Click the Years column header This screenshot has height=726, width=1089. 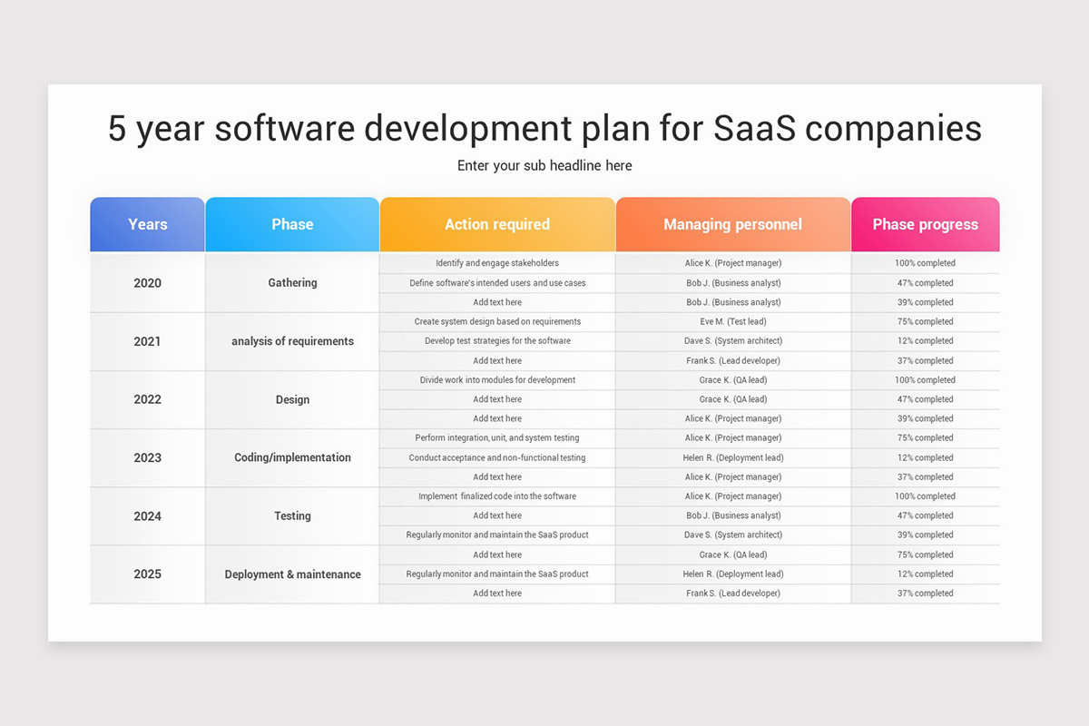147,224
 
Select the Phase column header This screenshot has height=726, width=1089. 292,224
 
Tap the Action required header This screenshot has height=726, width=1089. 497,224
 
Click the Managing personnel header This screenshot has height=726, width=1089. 732,224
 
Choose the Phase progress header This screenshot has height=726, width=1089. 925,224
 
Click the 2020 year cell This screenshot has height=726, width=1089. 147,283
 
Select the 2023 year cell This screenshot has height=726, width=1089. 147,457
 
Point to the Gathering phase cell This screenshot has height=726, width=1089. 292,282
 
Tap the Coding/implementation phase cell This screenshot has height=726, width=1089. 292,457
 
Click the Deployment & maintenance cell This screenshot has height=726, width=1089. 292,574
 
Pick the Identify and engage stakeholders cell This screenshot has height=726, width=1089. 497,263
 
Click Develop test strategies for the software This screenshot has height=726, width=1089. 497,341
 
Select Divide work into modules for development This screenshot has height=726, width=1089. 497,379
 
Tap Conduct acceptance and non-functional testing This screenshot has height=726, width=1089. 497,457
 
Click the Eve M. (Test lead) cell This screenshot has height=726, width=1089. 733,321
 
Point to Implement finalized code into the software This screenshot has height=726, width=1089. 497,496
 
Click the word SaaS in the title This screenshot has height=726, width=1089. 754,128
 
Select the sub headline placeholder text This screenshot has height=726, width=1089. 544,166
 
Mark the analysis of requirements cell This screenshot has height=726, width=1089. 292,341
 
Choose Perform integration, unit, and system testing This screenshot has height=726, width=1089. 497,437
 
